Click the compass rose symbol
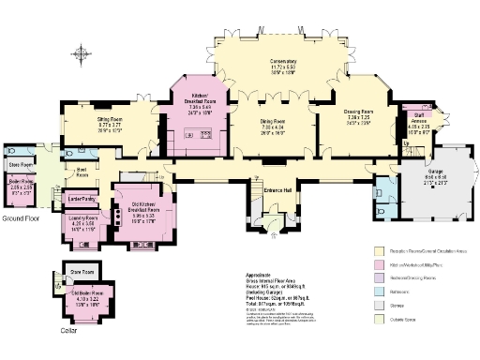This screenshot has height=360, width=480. [82, 53]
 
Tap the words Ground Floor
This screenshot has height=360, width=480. [19, 218]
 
